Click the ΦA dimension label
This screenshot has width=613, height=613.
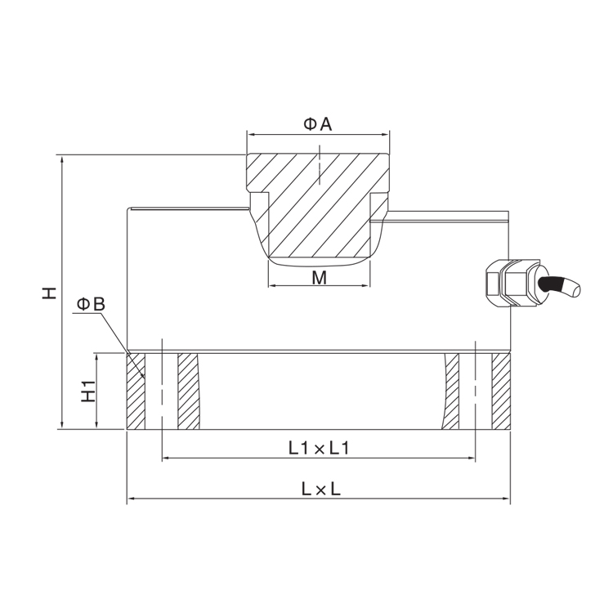(x=318, y=124)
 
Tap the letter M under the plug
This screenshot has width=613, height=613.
(x=319, y=278)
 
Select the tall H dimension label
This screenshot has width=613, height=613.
(x=50, y=293)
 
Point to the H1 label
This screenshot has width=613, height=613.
(x=88, y=390)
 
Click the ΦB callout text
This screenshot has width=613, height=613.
(x=91, y=304)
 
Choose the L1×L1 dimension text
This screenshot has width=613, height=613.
(x=319, y=448)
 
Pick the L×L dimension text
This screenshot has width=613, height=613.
(x=321, y=489)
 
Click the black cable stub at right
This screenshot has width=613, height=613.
(x=559, y=286)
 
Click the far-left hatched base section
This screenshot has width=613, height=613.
(x=136, y=392)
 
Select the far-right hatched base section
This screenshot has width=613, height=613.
(x=501, y=392)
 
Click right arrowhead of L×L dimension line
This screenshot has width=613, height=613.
(x=506, y=499)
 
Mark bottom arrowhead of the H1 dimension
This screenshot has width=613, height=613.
(x=96, y=424)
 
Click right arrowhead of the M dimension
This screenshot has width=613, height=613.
(x=365, y=285)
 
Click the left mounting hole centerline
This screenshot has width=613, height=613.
(x=162, y=386)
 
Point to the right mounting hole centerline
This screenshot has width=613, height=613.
(x=475, y=386)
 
